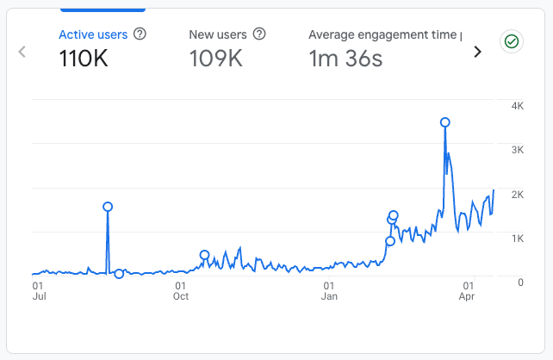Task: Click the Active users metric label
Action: [93, 34]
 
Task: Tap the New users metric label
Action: [218, 34]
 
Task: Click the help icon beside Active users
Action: [140, 34]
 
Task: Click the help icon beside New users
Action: [259, 34]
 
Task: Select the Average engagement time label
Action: [384, 34]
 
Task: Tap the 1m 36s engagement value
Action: [345, 59]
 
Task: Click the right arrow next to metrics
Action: [478, 51]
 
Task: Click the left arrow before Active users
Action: [22, 51]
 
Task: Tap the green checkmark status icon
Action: [511, 41]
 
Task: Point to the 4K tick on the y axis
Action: [518, 106]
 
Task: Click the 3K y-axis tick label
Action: [518, 150]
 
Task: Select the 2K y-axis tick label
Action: [518, 195]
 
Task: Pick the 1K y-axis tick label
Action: [518, 238]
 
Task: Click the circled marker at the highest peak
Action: [444, 122]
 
